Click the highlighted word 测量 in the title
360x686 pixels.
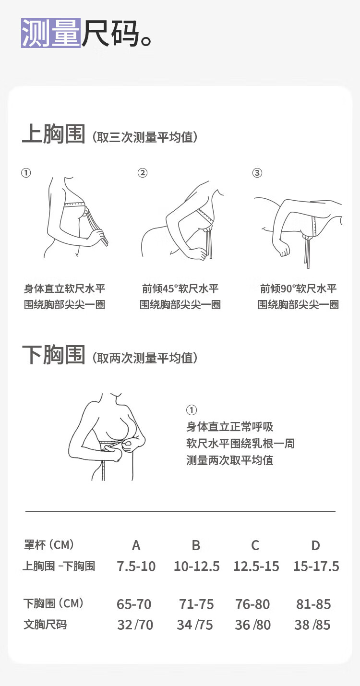(x=51, y=33)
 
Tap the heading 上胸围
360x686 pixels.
(x=54, y=134)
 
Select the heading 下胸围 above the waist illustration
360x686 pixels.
(x=54, y=355)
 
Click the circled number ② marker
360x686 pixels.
(x=143, y=173)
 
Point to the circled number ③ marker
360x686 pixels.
(x=257, y=173)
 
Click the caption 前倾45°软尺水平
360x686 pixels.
(x=180, y=289)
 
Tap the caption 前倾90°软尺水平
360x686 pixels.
(x=298, y=289)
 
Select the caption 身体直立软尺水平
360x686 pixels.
(x=65, y=289)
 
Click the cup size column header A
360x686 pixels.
(x=136, y=545)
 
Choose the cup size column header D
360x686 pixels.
(x=316, y=545)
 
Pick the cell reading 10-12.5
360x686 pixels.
(x=196, y=566)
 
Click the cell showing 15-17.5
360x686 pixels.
(x=316, y=566)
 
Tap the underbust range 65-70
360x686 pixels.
(x=134, y=604)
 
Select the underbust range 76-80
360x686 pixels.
(x=252, y=604)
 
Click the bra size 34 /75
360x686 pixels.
(x=195, y=625)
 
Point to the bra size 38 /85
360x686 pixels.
(x=312, y=625)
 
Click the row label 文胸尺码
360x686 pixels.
(x=45, y=625)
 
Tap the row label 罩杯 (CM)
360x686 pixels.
(x=49, y=545)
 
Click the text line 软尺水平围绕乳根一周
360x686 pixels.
(x=240, y=444)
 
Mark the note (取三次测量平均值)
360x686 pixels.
(x=145, y=137)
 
